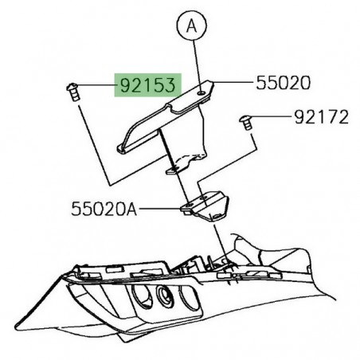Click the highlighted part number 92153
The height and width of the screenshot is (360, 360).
point(148,85)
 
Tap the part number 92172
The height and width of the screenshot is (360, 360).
point(316,118)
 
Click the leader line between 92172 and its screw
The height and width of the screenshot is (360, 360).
point(270,119)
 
